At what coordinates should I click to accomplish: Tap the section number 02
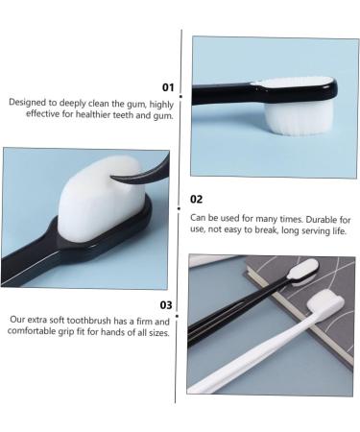[197, 200]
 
